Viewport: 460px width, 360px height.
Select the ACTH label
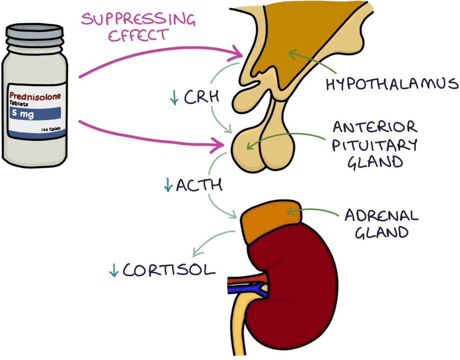(199, 185)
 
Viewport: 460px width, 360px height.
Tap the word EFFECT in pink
(137, 35)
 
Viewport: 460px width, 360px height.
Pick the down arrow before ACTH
(168, 185)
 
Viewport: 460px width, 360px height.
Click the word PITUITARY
(374, 145)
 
